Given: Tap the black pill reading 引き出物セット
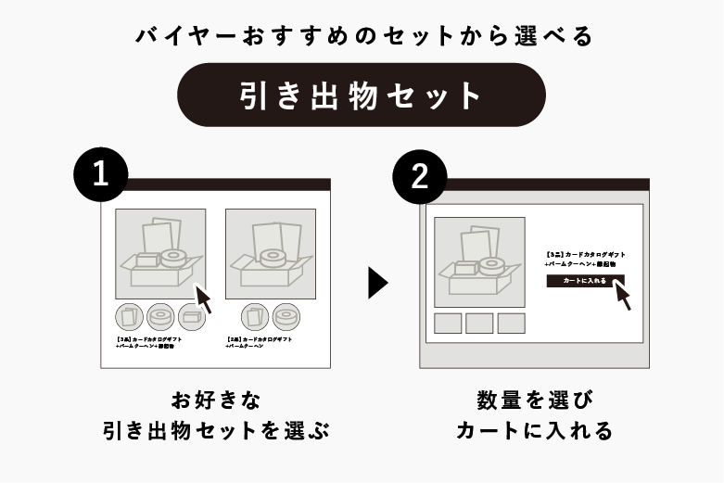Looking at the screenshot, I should pos(361,95).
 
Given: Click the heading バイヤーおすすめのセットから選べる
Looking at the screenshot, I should pos(362,36).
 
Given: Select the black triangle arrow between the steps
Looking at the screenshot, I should pos(377,283).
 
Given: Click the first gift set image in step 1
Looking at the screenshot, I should pos(159,253).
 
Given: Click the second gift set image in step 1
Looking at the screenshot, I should pos(270,253).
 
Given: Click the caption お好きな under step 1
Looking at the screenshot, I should pos(216,400).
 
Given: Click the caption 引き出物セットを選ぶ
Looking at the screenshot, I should pos(216,431).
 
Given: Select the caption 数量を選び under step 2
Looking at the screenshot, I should pos(534,400).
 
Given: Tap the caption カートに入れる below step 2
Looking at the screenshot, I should pos(534,431).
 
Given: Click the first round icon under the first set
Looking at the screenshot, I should pos(128,316).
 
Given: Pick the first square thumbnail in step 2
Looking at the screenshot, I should pos(448,323).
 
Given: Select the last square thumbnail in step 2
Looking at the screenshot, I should pos(511,323).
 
